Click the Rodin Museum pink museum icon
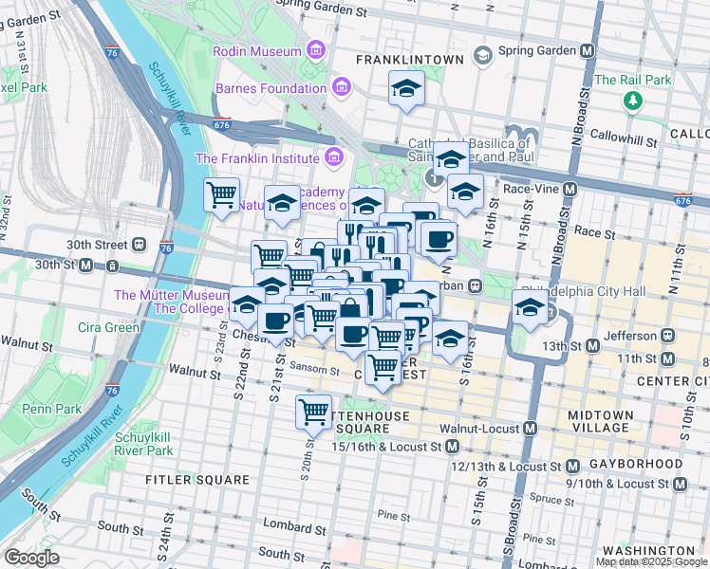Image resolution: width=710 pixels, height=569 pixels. coord(315,50)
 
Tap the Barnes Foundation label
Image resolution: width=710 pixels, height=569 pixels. coord(271,89)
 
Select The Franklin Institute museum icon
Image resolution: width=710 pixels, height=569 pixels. coord(332,157)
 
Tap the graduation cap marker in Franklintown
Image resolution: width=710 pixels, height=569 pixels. coord(406,89)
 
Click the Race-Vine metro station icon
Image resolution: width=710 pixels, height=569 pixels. coord(570,189)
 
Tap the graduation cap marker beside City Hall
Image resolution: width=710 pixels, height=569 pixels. coord(529,307)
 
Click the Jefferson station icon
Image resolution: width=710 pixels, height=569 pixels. coord(667,336)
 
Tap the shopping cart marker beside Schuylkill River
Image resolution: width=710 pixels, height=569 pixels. coord(222,195)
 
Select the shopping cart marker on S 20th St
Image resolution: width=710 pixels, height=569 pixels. coord(313,411)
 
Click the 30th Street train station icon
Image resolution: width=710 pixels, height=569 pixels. coord(139,244)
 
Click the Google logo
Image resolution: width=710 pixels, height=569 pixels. coord(30,558)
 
